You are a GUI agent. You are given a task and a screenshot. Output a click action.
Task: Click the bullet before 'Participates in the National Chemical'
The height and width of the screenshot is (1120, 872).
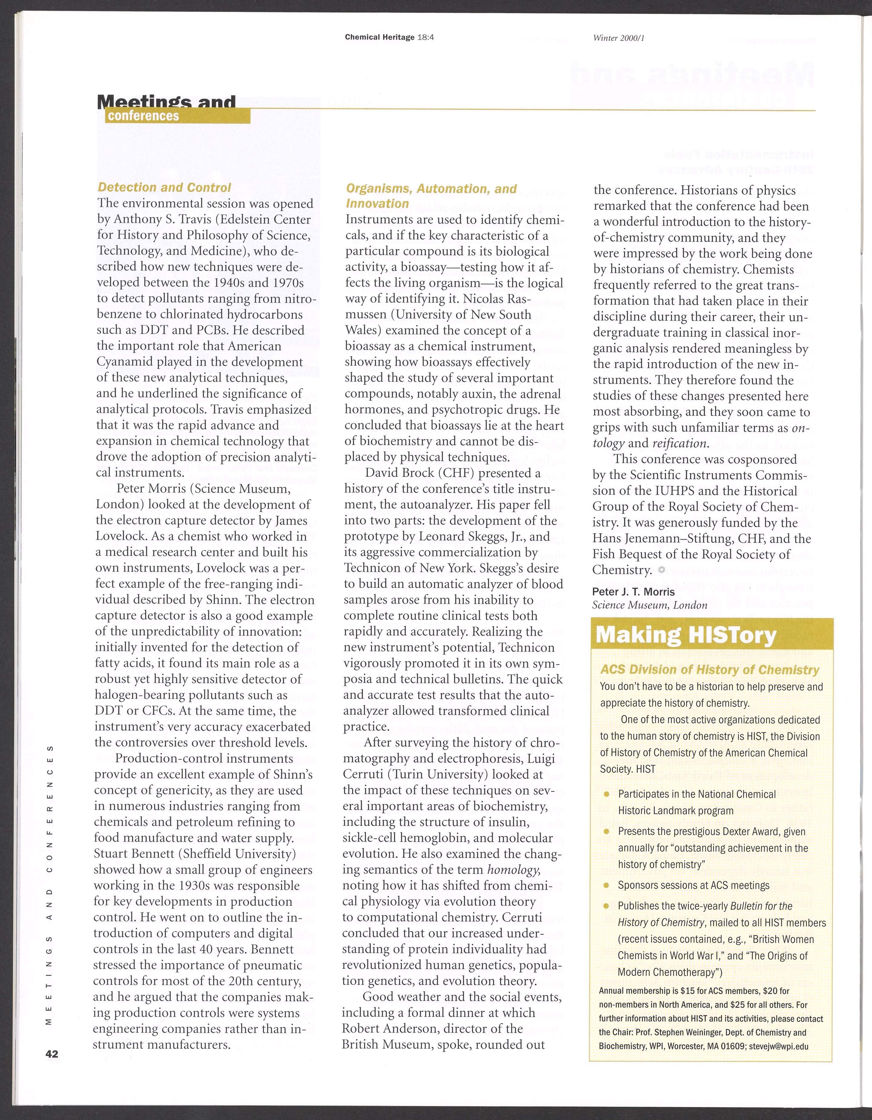(x=606, y=795)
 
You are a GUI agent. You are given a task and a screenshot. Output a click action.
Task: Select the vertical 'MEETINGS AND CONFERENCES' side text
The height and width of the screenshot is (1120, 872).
(x=50, y=881)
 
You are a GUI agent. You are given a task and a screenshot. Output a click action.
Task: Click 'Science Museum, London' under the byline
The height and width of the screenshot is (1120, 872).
(x=649, y=605)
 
